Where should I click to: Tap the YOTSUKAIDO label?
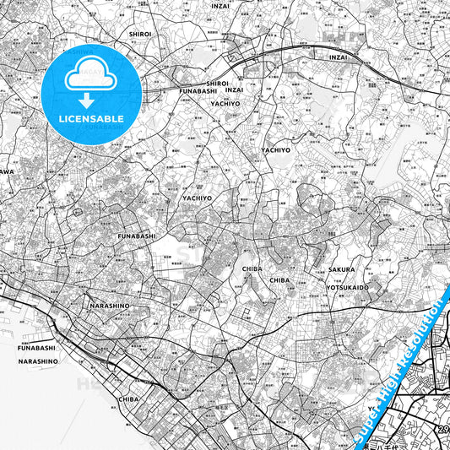click(348, 287)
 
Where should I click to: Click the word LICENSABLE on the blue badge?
click(91, 119)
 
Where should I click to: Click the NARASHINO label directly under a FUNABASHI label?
click(38, 361)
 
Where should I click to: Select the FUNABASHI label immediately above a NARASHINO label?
click(37, 347)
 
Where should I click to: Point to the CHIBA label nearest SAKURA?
click(279, 279)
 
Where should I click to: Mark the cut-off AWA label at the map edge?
click(5, 171)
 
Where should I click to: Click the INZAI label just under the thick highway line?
click(339, 57)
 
